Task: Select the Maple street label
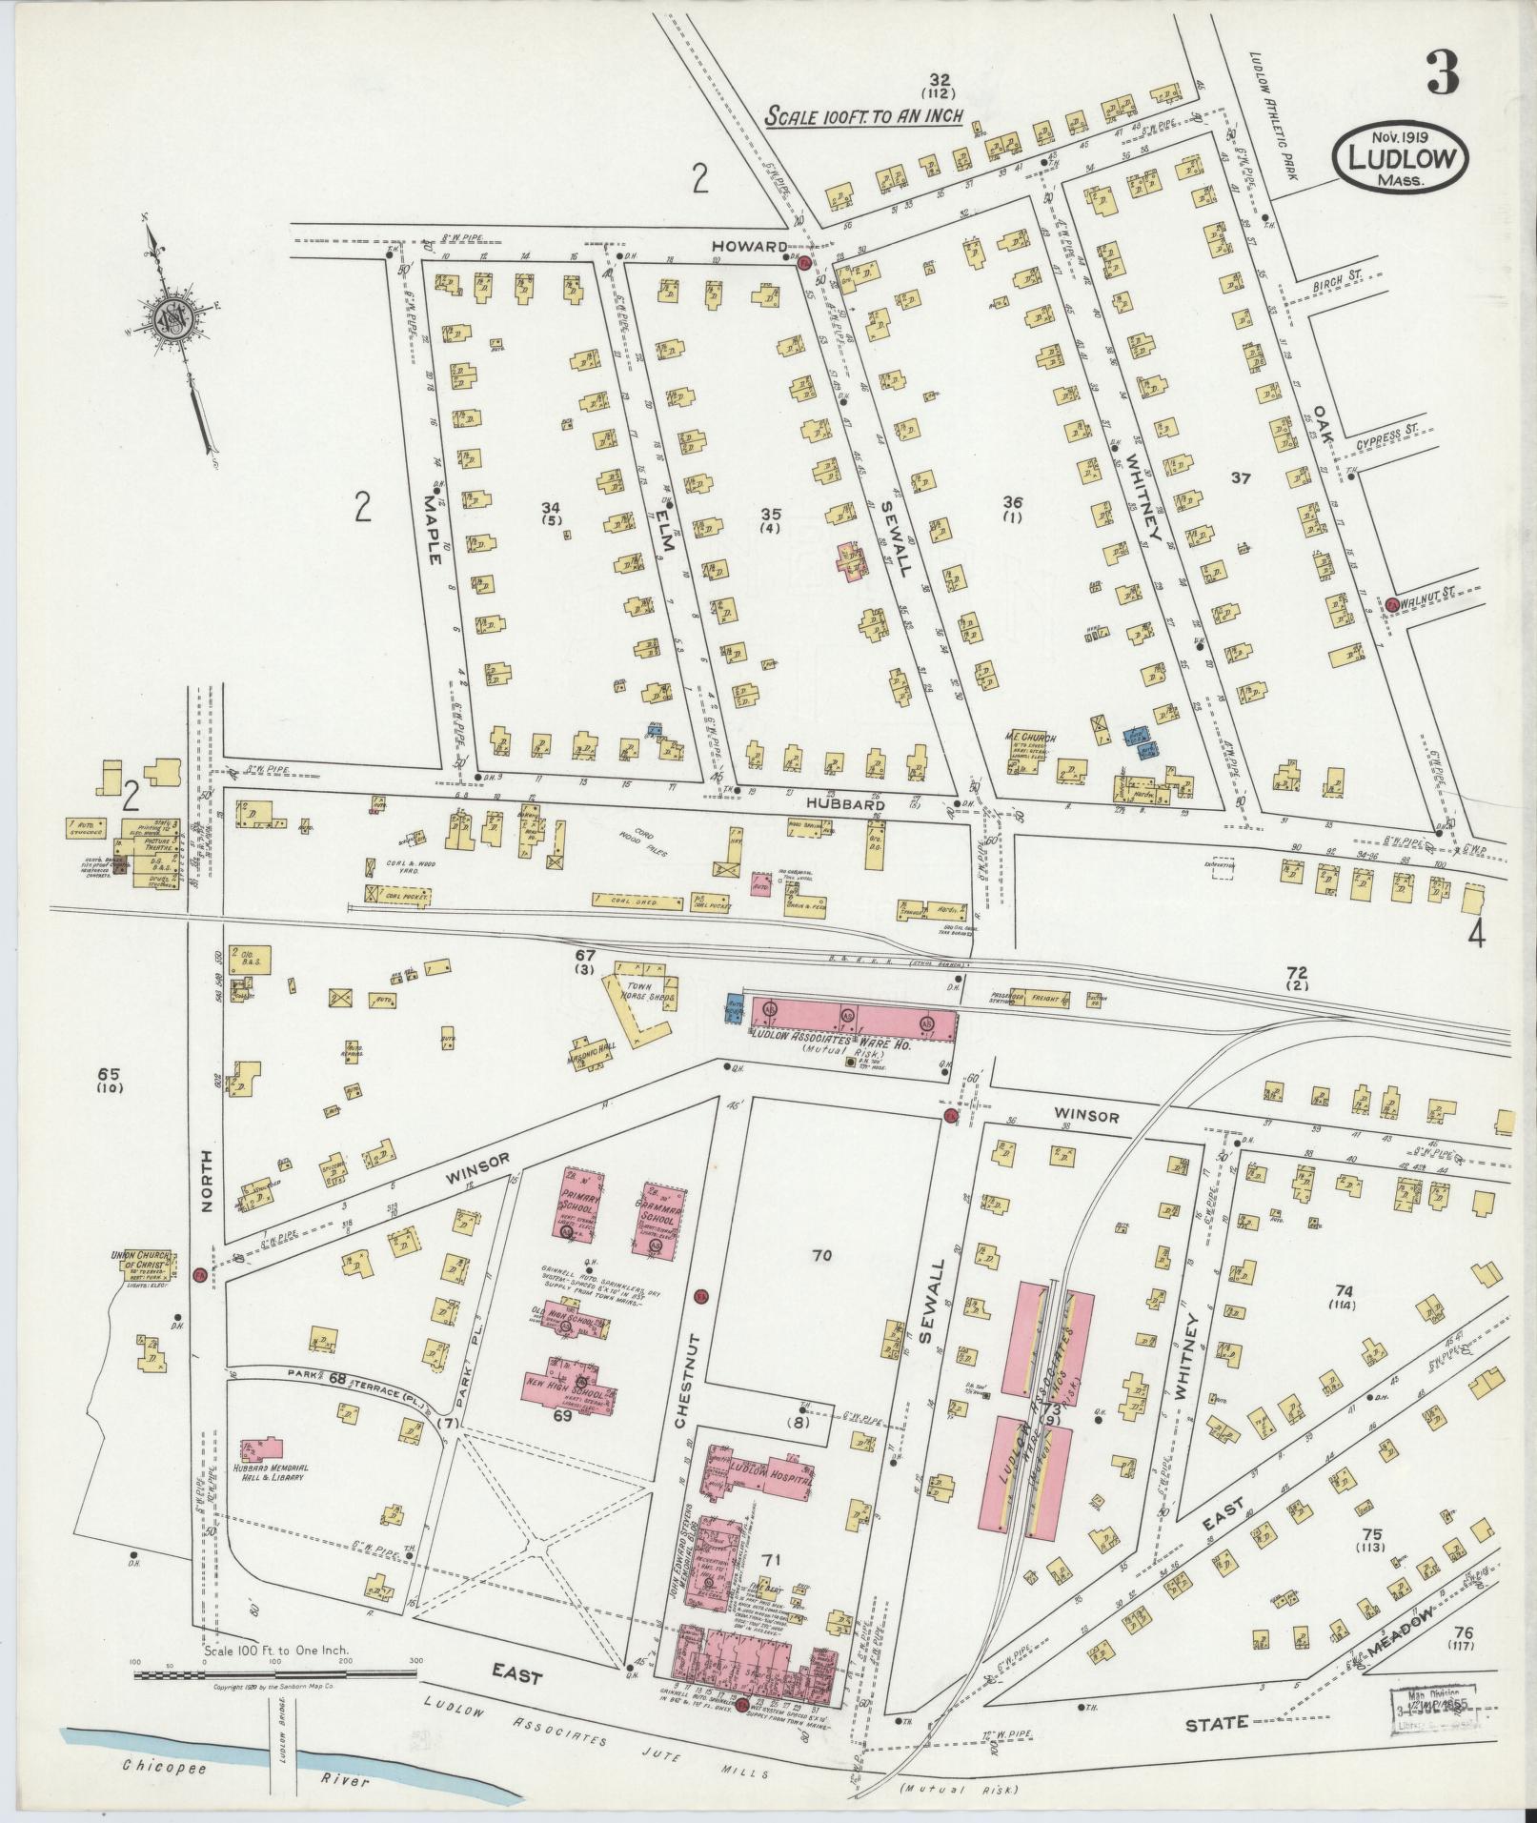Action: [434, 517]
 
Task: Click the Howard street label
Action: [743, 246]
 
